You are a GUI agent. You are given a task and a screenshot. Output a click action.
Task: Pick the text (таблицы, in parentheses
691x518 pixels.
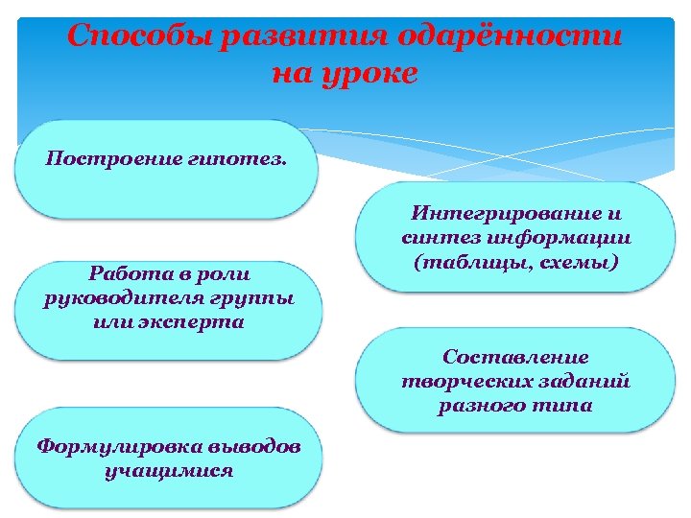tap(464, 261)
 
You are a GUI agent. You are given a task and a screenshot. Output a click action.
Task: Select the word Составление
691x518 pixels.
tap(515, 357)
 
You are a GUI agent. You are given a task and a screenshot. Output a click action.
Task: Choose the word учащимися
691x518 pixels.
tap(169, 471)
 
